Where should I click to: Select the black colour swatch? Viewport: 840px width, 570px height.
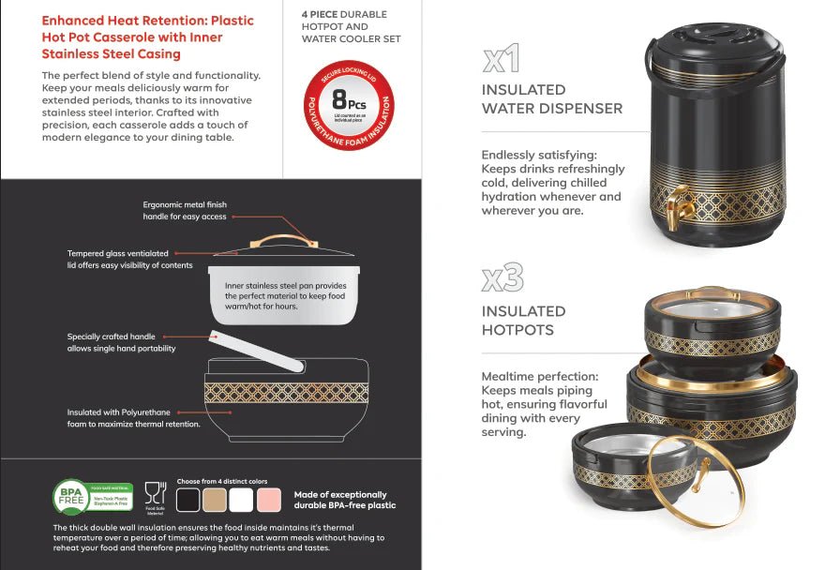pyautogui.click(x=188, y=500)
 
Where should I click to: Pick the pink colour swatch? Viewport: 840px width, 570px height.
pyautogui.click(x=269, y=500)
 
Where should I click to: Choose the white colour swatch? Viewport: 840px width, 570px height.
pyautogui.click(x=242, y=500)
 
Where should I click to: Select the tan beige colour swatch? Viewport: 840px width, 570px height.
pyautogui.click(x=216, y=500)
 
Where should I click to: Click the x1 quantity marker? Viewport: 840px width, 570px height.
pyautogui.click(x=502, y=60)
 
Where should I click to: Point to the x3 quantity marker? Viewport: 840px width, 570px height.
pyautogui.click(x=502, y=278)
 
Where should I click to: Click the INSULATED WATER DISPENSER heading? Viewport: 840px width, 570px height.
pyautogui.click(x=551, y=99)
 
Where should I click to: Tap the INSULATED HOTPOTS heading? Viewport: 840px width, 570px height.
pyautogui.click(x=523, y=321)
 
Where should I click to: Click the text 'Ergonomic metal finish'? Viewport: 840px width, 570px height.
pyautogui.click(x=185, y=204)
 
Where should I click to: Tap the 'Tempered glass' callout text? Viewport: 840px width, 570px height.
pyautogui.click(x=118, y=253)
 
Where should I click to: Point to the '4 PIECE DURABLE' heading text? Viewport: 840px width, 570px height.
pyautogui.click(x=344, y=15)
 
